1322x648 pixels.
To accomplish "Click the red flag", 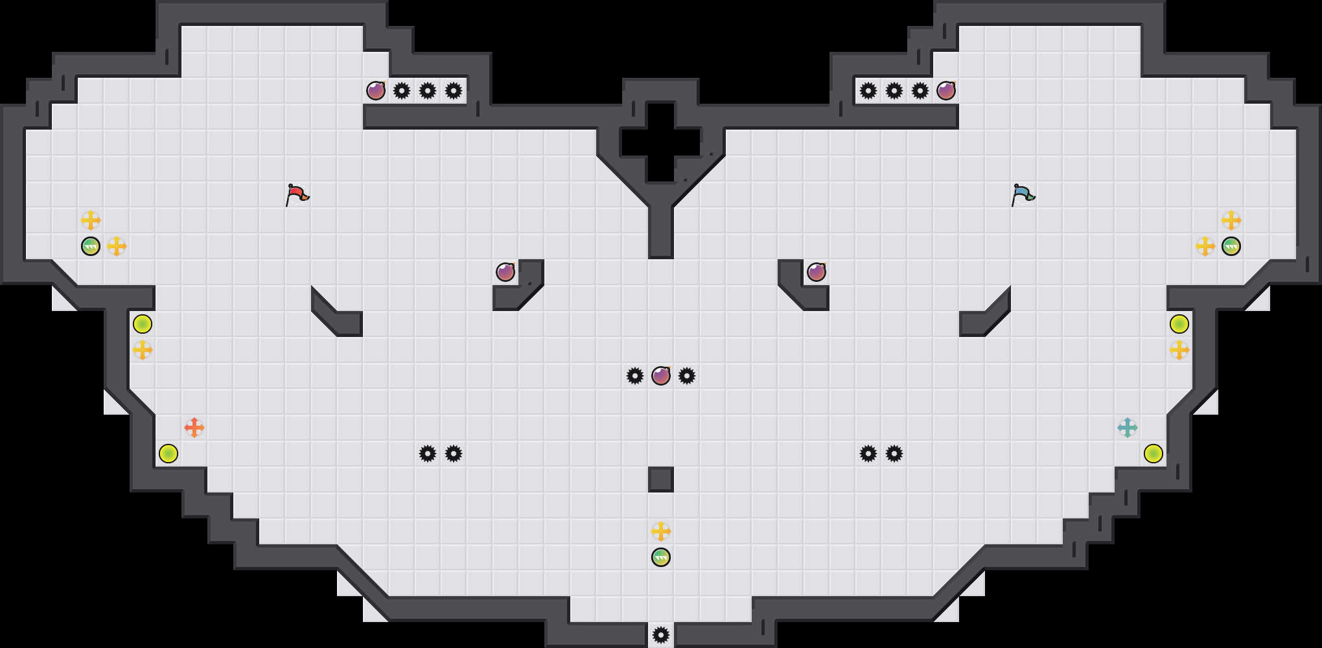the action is [x=297, y=194].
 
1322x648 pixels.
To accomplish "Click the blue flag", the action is [x=1023, y=194].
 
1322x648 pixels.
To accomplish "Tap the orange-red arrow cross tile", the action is [x=194, y=428].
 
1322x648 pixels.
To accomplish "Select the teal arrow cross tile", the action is [x=1127, y=428].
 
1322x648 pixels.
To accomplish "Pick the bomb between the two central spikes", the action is [x=661, y=376].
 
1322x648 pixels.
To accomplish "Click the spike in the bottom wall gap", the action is [x=661, y=635].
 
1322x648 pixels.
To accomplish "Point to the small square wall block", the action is [x=661, y=480].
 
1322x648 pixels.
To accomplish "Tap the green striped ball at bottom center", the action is [x=661, y=557].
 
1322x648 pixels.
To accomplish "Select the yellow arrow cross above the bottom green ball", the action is [x=661, y=531].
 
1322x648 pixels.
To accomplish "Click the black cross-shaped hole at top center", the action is [x=661, y=143].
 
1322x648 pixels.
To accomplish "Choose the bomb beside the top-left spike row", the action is [x=376, y=91].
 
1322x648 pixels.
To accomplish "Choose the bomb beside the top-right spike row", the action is [x=946, y=91].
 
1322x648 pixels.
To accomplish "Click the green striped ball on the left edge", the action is [x=91, y=246].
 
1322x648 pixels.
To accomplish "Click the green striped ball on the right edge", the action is [x=1231, y=246].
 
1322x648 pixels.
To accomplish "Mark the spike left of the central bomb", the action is [x=635, y=376].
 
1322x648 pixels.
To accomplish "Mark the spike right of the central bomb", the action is [x=687, y=376].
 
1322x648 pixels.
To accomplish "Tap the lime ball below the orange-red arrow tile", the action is [x=168, y=454].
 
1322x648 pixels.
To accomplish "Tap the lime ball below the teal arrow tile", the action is [x=1154, y=454].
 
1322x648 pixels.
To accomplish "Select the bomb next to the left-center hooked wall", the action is [x=505, y=272].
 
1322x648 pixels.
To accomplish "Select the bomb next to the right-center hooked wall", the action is [x=817, y=272].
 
